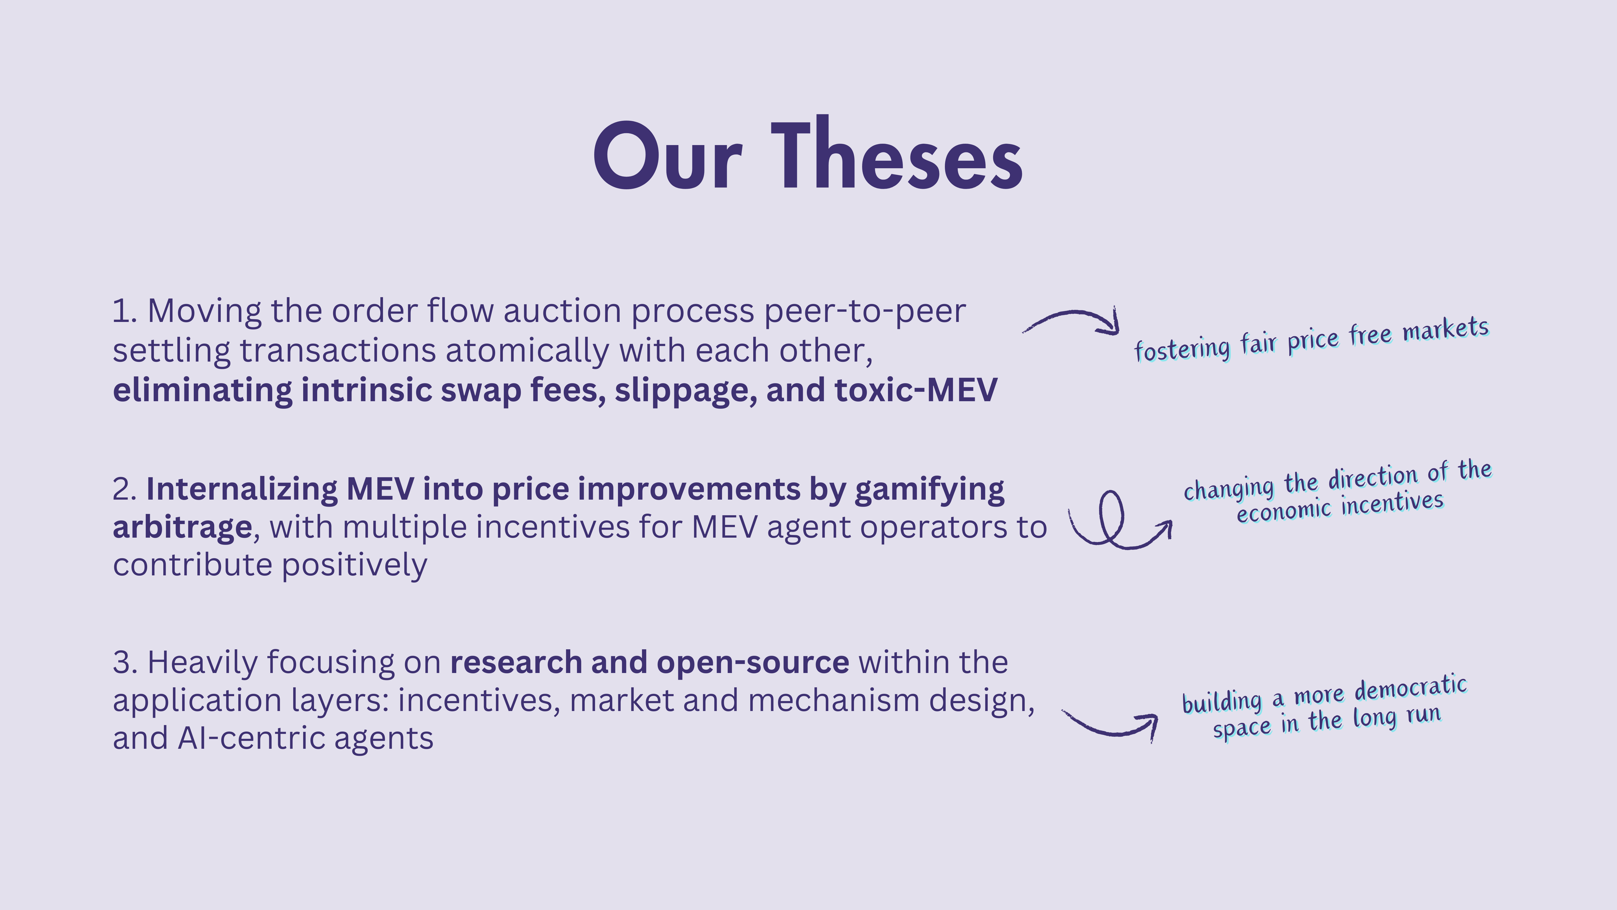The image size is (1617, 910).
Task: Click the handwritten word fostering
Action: tap(1182, 349)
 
